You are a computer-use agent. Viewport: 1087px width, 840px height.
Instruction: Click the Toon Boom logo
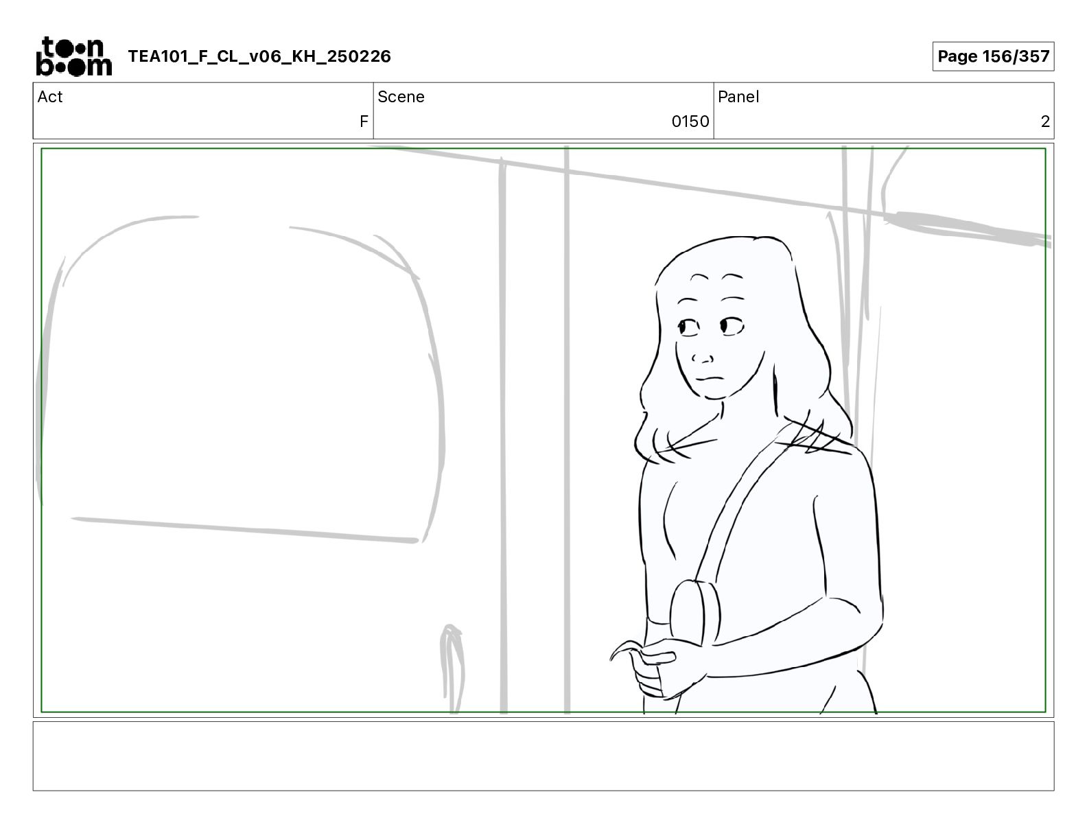(74, 56)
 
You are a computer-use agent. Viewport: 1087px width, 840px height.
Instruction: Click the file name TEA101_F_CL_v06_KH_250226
(259, 56)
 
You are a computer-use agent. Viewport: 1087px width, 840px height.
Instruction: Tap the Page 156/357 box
(993, 56)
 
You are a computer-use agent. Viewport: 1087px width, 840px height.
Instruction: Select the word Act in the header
(50, 97)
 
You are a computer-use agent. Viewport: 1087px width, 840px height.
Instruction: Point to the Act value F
(364, 121)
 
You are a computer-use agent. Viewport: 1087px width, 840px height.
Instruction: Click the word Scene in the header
(401, 97)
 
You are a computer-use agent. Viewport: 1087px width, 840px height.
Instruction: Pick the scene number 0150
(690, 121)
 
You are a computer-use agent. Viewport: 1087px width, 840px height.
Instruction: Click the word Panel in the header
(738, 97)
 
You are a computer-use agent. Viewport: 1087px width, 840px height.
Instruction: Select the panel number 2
(1045, 121)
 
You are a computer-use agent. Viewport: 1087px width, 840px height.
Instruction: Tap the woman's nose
(702, 358)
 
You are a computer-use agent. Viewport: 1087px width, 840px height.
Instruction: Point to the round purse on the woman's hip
(695, 614)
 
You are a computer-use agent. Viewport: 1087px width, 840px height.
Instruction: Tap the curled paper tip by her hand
(624, 649)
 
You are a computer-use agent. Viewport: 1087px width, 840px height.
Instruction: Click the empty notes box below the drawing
(543, 756)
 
